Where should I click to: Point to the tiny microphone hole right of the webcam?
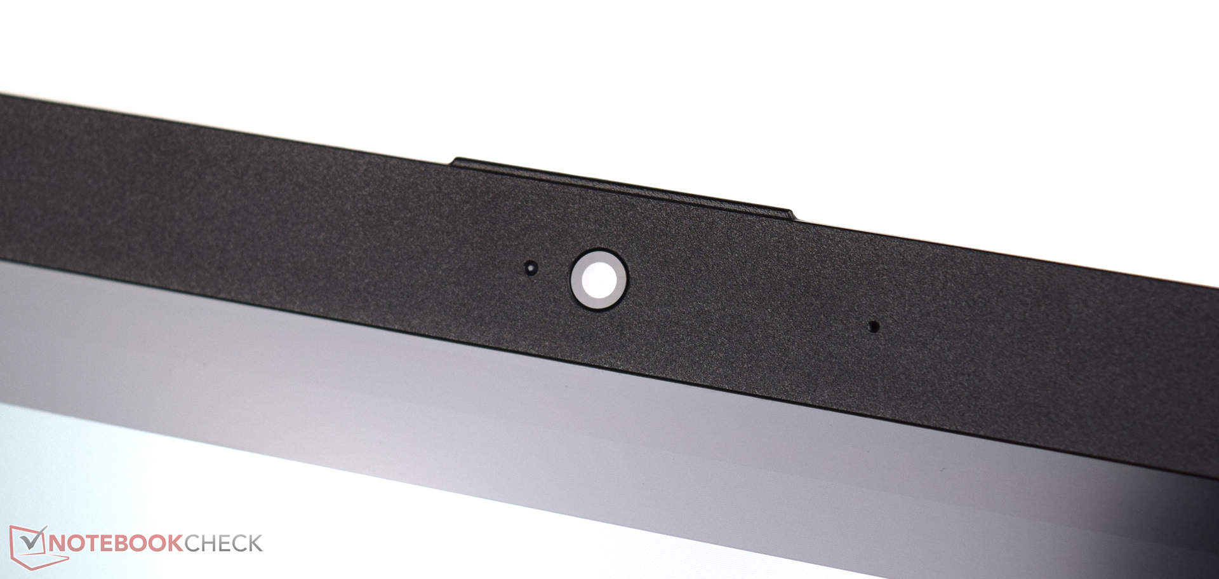(874, 327)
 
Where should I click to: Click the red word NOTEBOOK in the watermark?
(116, 543)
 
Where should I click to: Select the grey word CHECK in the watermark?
(223, 543)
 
